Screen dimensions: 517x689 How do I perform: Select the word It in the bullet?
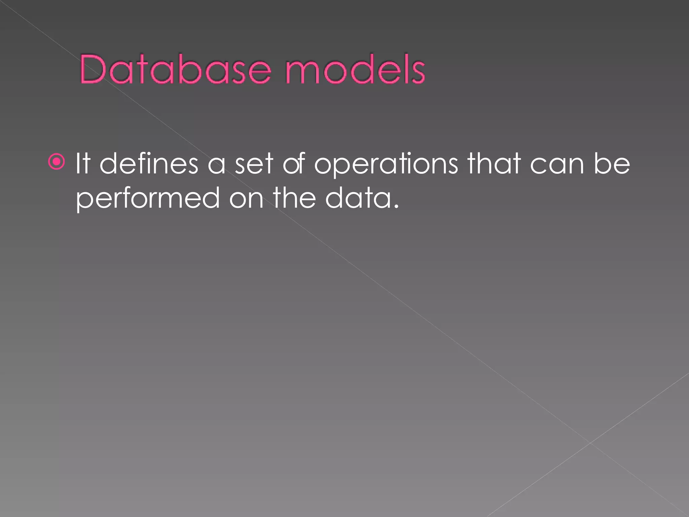pyautogui.click(x=83, y=164)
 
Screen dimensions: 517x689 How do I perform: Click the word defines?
pyautogui.click(x=149, y=164)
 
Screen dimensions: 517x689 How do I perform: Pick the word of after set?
pyautogui.click(x=293, y=164)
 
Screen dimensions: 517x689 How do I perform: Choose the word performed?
pyautogui.click(x=148, y=199)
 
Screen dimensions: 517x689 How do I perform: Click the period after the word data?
pyautogui.click(x=396, y=206)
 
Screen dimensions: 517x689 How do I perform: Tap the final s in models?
pyautogui.click(x=419, y=73)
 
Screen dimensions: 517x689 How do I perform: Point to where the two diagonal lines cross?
pyautogui.click(x=590, y=443)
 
